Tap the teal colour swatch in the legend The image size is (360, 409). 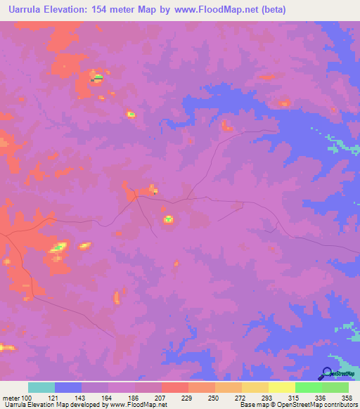click(x=41, y=387)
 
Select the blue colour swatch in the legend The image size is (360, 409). click(x=67, y=387)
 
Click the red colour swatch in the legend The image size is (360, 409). click(x=174, y=387)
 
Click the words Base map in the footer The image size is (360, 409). click(x=251, y=405)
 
